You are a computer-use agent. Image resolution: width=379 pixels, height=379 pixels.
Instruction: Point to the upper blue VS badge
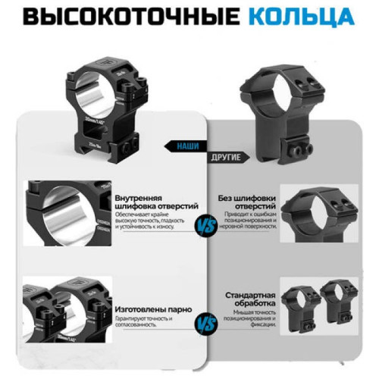pyautogui.click(x=203, y=225)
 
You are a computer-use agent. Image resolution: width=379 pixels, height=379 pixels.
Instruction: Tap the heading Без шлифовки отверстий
pyautogui.click(x=246, y=202)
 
